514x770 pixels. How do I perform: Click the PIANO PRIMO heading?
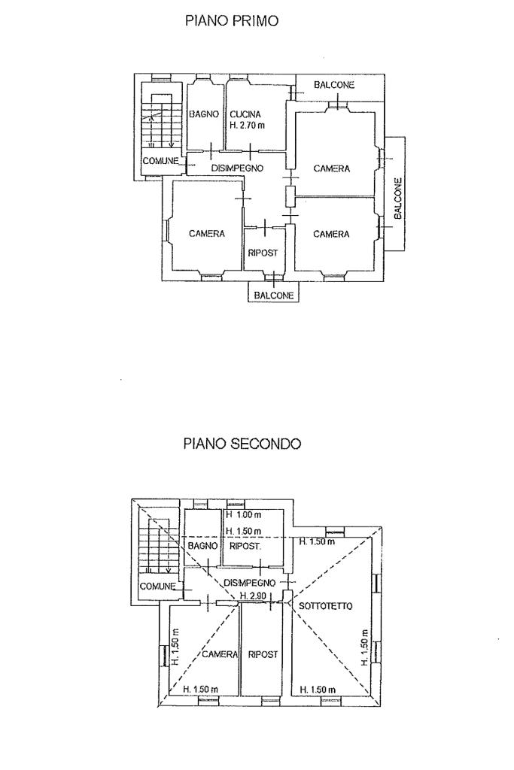pyautogui.click(x=232, y=22)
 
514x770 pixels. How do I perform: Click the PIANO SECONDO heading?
pyautogui.click(x=242, y=444)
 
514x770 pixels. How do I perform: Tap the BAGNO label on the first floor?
pyautogui.click(x=203, y=114)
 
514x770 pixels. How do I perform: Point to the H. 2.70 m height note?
pyautogui.click(x=248, y=126)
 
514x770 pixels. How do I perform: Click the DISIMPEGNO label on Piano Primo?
pyautogui.click(x=236, y=168)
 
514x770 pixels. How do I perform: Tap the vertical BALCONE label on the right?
pyautogui.click(x=398, y=198)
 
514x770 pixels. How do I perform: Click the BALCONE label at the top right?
pyautogui.click(x=335, y=86)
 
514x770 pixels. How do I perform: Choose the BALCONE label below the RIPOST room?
pyautogui.click(x=274, y=296)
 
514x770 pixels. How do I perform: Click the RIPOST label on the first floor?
pyautogui.click(x=263, y=253)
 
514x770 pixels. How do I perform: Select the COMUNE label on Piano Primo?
pyautogui.click(x=160, y=160)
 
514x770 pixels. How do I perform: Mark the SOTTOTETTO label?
pyautogui.click(x=324, y=605)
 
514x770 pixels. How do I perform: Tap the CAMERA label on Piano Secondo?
pyautogui.click(x=220, y=654)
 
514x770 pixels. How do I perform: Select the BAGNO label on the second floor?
pyautogui.click(x=202, y=546)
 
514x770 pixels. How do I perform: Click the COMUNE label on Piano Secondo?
pyautogui.click(x=157, y=586)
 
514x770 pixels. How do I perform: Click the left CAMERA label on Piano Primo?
pyautogui.click(x=207, y=234)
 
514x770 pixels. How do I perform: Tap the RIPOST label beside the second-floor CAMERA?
pyautogui.click(x=263, y=654)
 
